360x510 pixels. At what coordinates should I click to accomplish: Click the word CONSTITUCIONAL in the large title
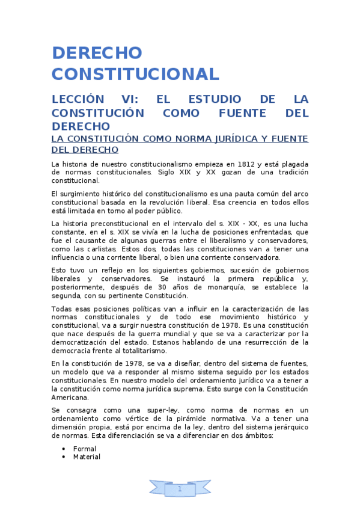coord(135,74)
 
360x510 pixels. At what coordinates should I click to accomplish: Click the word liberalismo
coord(204,241)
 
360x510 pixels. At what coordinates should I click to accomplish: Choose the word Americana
coord(70,397)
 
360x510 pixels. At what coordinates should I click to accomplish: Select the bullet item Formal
coord(85,449)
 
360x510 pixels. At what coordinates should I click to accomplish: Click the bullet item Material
coord(87,457)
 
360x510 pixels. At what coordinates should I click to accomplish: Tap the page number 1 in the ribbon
coord(180,489)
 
